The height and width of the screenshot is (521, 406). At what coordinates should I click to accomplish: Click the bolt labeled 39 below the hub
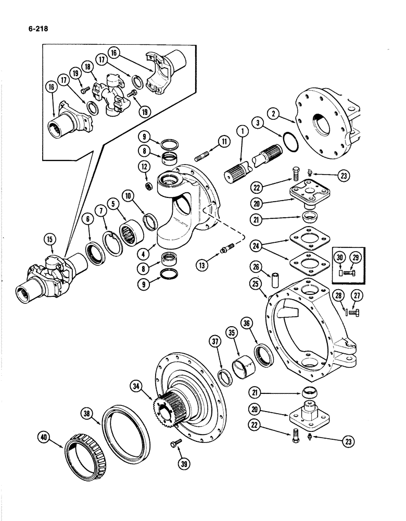pyautogui.click(x=174, y=443)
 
